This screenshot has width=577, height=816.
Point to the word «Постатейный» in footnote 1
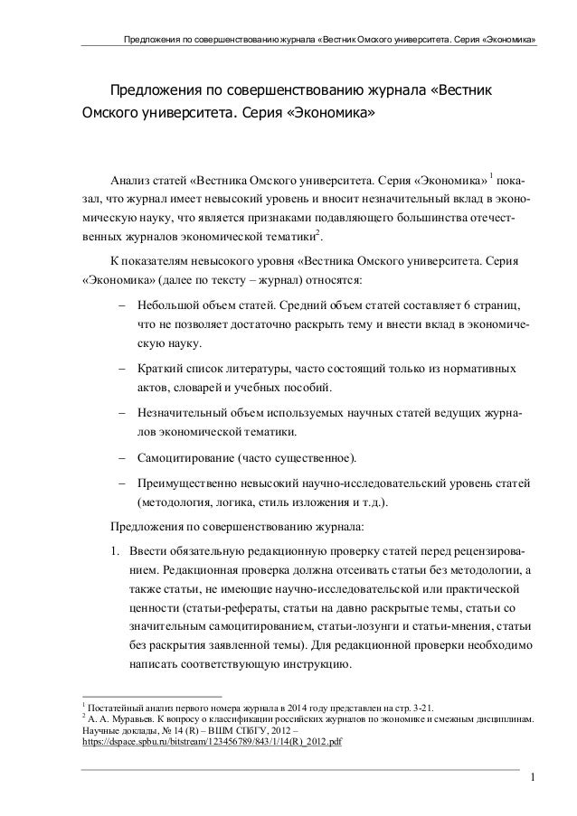[114, 706]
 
